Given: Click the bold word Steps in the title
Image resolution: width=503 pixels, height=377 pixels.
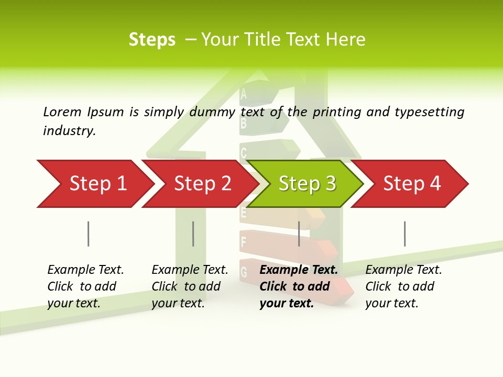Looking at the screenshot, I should click(152, 40).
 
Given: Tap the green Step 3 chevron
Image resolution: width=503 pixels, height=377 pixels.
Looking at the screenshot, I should click(307, 184).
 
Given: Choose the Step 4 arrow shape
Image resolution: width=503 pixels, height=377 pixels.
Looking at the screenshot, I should click(412, 184).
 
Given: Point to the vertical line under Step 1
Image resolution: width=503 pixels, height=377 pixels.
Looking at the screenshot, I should click(89, 234).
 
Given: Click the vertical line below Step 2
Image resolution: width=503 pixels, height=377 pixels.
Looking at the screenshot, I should click(193, 234).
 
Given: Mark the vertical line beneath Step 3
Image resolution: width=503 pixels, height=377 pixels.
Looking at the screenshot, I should click(299, 234).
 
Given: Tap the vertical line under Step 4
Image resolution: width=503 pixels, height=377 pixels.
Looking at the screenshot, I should click(405, 234).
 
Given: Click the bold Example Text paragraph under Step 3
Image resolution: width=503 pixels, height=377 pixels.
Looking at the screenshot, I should click(298, 286).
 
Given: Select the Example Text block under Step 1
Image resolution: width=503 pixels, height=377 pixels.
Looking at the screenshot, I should click(85, 286).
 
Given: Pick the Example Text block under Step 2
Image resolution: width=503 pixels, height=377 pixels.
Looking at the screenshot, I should click(189, 286).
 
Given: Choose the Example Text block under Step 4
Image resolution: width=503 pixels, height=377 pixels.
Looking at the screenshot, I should click(403, 286).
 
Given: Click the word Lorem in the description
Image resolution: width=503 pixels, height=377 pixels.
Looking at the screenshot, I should click(62, 112).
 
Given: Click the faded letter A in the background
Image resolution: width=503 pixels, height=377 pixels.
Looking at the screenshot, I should click(243, 94).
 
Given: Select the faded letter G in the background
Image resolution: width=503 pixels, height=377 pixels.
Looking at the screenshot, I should click(244, 272).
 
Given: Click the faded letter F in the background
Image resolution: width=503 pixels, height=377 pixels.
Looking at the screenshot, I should click(243, 242).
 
